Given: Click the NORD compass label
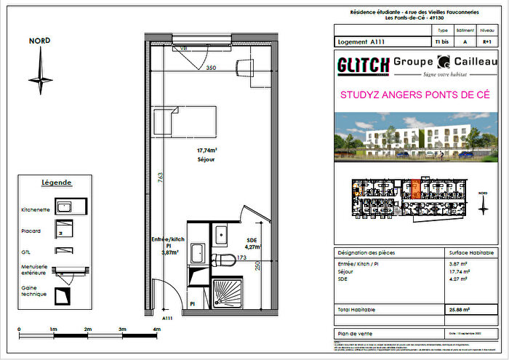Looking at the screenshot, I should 39,41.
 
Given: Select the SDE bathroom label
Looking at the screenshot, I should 252,240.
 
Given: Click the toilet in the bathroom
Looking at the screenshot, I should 224,260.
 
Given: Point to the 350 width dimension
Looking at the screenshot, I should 211,68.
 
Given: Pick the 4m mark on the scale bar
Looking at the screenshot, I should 157,329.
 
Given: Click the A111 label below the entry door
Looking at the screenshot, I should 167,318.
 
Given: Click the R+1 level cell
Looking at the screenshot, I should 486,43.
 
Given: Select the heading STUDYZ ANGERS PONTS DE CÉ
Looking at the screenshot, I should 414,95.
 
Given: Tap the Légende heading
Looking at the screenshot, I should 56,182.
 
